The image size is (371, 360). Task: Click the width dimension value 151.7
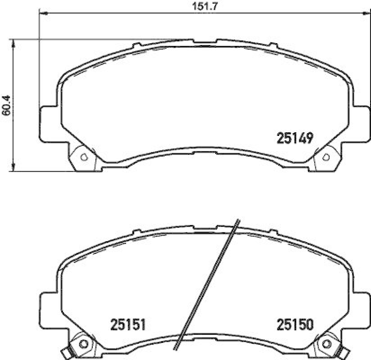[x=198, y=6]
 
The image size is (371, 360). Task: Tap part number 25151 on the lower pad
[x=128, y=324]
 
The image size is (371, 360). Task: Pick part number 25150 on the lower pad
[x=296, y=324]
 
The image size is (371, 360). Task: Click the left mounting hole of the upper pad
[x=83, y=157]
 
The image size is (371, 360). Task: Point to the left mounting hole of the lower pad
[x=84, y=343]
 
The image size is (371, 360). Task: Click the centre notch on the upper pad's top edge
[x=204, y=40]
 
